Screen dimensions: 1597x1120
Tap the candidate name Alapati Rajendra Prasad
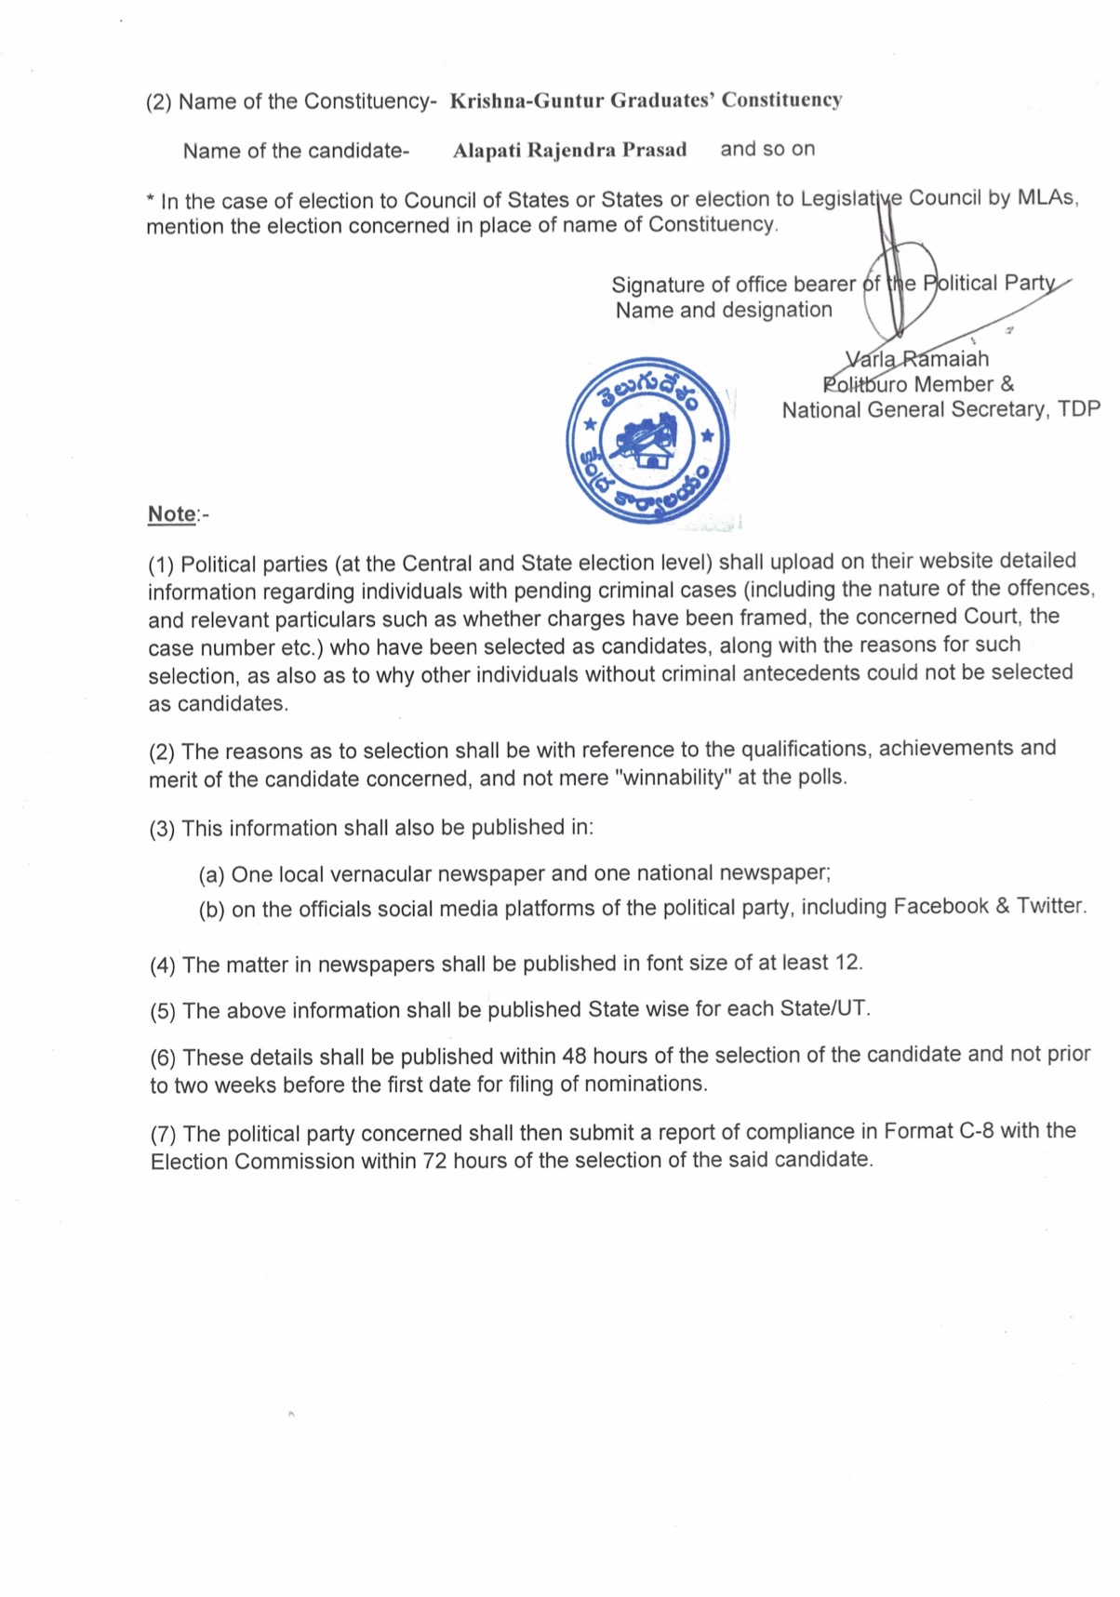[569, 150]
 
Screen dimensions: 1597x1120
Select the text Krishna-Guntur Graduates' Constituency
[646, 100]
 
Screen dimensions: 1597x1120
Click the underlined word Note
[172, 513]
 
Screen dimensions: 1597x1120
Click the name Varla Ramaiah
[917, 359]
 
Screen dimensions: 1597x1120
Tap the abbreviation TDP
[1079, 409]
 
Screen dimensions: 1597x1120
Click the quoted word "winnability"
[673, 778]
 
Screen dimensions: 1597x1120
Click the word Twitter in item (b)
[1050, 906]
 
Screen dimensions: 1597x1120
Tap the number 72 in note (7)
[434, 1161]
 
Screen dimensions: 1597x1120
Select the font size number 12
[847, 963]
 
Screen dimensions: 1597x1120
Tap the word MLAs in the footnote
[1047, 198]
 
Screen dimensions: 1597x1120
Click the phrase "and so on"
[767, 149]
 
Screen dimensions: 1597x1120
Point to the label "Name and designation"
[724, 310]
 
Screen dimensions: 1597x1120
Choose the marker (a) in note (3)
[211, 875]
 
